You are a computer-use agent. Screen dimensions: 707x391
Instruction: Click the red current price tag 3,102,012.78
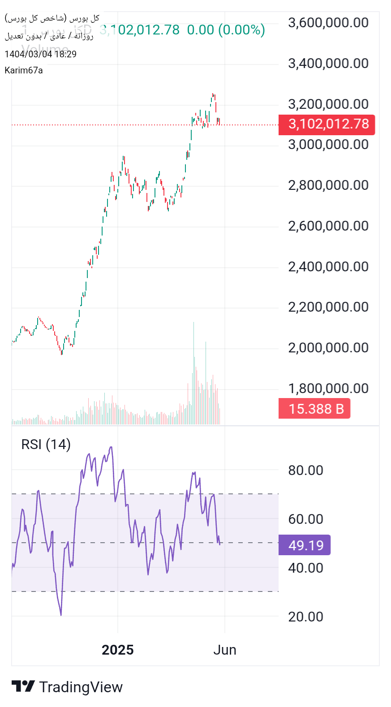tap(327, 124)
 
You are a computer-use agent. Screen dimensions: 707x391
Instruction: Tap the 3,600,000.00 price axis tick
tap(328, 23)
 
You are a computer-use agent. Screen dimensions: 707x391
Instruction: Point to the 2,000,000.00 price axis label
tap(328, 348)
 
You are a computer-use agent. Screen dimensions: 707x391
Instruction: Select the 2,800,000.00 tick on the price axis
tap(328, 185)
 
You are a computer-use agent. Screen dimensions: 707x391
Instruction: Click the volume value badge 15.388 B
tap(314, 409)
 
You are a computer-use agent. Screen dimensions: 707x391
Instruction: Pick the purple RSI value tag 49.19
tap(305, 545)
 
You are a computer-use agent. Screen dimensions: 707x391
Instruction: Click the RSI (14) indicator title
tap(46, 445)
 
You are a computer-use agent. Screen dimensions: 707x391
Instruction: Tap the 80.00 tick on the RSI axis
tap(305, 471)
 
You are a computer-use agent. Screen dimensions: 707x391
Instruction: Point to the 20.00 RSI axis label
tap(305, 617)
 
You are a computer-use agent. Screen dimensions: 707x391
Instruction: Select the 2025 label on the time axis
tap(118, 650)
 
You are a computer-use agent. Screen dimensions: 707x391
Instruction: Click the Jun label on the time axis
tap(225, 650)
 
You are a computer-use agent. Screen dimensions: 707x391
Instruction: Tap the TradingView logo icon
tap(23, 686)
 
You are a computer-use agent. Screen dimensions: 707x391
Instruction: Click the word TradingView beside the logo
tap(81, 687)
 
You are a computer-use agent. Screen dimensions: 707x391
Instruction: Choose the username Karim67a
tap(24, 70)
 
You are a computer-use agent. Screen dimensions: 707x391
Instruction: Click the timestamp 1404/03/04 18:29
tap(40, 54)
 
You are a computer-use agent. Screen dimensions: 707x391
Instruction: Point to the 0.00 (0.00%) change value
tap(226, 30)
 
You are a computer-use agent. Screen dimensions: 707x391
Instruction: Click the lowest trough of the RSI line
tap(61, 615)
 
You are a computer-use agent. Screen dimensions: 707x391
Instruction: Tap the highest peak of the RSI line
tap(111, 447)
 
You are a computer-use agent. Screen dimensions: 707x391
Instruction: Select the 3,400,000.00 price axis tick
tap(328, 64)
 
